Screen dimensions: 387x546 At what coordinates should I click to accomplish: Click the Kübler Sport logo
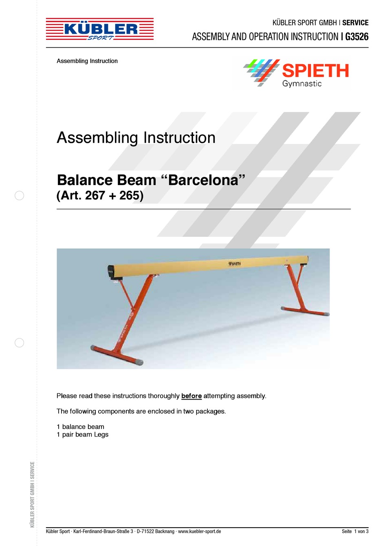(100, 29)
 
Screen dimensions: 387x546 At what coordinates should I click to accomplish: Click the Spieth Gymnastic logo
(296, 73)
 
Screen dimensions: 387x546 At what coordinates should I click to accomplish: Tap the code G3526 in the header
(357, 37)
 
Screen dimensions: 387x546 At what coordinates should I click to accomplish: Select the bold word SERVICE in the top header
(355, 23)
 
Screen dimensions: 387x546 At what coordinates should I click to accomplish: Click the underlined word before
(191, 396)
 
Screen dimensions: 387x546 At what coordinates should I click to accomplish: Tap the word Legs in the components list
(101, 435)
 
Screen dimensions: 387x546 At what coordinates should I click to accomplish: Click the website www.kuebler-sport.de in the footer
(199, 531)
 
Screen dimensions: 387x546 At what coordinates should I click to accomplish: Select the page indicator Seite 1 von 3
(355, 531)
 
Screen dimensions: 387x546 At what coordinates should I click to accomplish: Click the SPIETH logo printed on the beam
(235, 264)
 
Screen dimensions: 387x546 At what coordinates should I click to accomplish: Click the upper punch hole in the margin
(19, 195)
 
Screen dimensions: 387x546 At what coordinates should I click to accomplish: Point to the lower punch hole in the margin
(19, 343)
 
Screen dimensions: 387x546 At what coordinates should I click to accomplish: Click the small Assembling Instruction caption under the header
(87, 61)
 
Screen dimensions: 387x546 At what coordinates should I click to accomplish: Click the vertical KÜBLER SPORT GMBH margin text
(32, 494)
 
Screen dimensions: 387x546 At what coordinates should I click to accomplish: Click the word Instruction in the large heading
(179, 138)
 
